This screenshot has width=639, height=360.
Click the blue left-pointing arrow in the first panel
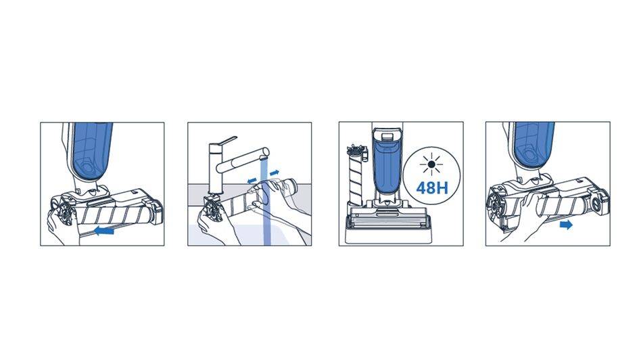click(x=104, y=231)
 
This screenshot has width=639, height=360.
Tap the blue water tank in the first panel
click(x=91, y=151)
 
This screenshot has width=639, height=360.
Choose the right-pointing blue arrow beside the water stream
click(x=275, y=173)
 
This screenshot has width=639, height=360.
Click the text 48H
click(x=431, y=187)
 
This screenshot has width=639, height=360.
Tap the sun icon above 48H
click(x=431, y=165)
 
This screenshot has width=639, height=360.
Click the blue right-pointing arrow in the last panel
click(x=567, y=225)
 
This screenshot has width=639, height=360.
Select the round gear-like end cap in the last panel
click(x=497, y=204)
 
